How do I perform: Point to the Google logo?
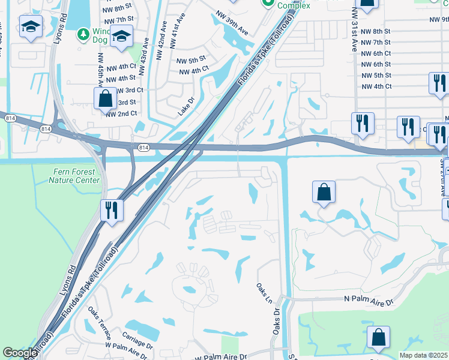20,353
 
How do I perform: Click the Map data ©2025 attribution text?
424,355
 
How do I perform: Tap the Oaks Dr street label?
277,321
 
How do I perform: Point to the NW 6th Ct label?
376,53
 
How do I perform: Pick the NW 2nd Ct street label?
121,113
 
